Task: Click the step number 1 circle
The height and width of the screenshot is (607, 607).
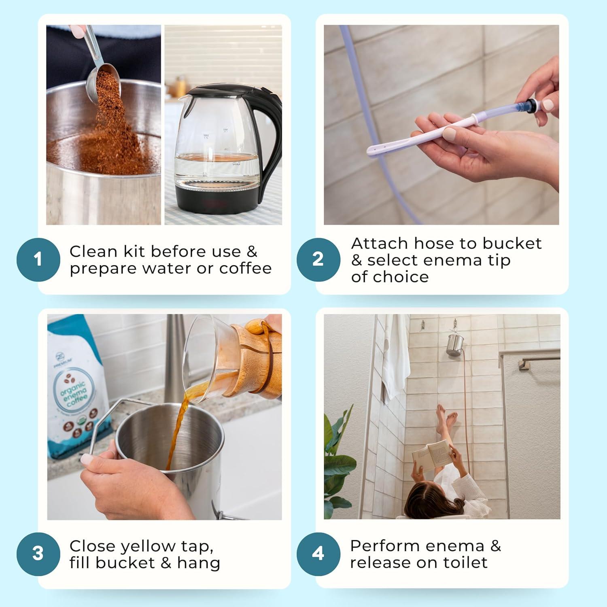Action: click(x=38, y=259)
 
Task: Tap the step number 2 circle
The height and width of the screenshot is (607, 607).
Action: click(x=318, y=259)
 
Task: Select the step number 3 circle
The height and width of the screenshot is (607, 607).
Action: click(x=38, y=554)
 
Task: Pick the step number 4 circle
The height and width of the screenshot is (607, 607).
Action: click(x=318, y=554)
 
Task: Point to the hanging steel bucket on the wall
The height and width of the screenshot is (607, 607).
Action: click(x=456, y=344)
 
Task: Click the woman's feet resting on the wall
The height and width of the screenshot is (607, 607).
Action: click(x=446, y=417)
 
